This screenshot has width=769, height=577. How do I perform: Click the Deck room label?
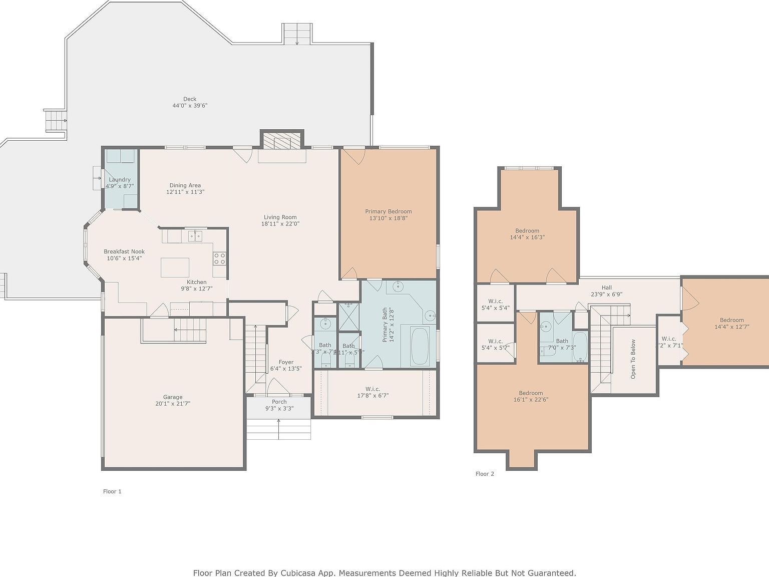click(190, 99)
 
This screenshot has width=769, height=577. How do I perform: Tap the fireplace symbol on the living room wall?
click(282, 141)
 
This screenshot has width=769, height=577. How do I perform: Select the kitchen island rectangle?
click(175, 267)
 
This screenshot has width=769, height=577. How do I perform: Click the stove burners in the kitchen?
click(220, 258)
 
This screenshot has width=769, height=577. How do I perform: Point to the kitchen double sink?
click(195, 235)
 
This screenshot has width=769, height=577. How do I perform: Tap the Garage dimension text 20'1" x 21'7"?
click(173, 404)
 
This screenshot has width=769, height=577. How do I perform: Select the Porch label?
click(279, 402)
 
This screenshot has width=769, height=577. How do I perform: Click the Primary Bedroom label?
click(388, 211)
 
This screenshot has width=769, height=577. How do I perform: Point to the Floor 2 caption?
click(485, 474)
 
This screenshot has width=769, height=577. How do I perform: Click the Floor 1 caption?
click(112, 491)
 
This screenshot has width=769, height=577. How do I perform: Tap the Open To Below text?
click(633, 359)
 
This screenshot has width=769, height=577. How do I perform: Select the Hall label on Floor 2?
click(606, 287)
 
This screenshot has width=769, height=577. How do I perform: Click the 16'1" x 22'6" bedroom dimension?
click(531, 400)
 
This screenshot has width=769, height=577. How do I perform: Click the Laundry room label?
click(120, 179)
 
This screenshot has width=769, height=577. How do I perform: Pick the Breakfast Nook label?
click(124, 251)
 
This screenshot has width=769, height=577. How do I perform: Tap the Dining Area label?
click(185, 185)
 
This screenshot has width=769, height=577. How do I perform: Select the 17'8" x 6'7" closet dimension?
click(372, 396)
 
